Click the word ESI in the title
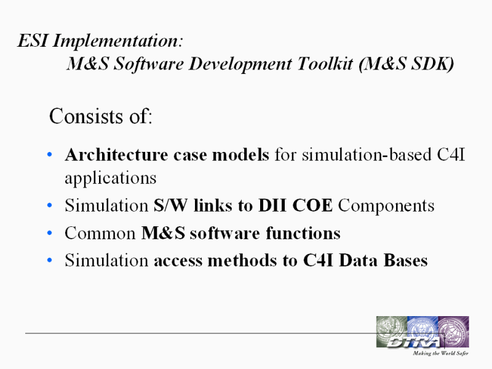point(33,41)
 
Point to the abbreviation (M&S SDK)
point(406,64)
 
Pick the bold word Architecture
point(116,154)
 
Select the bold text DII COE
point(295,205)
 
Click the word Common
point(100,233)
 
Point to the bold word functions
point(303,233)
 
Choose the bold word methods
point(241,260)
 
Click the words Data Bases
point(383,260)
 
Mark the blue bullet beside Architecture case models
point(49,154)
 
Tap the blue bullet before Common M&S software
point(49,233)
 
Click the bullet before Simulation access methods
point(49,260)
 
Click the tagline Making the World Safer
point(440,353)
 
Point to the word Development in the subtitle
point(240,65)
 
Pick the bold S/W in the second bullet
point(170,205)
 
